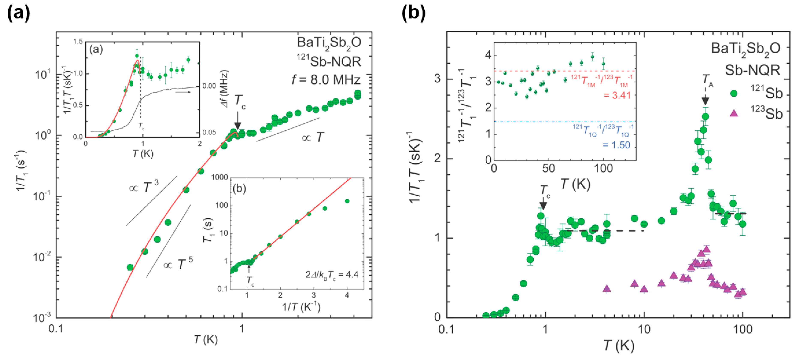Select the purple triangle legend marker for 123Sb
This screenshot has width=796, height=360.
pyautogui.click(x=734, y=113)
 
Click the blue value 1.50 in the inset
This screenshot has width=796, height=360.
pyautogui.click(x=616, y=145)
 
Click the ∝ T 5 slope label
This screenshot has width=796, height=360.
pyautogui.click(x=178, y=264)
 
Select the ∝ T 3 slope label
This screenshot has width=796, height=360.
pyautogui.click(x=144, y=187)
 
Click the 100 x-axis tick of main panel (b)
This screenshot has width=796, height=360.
pyautogui.click(x=742, y=329)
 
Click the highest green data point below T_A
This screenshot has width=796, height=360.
pyautogui.click(x=705, y=117)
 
